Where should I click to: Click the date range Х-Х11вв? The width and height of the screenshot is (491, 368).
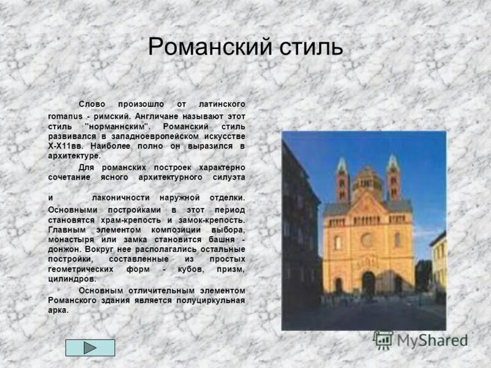(x=67, y=147)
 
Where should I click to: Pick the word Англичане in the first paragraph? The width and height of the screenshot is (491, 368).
(x=158, y=115)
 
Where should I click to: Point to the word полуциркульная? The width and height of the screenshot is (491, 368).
(x=215, y=300)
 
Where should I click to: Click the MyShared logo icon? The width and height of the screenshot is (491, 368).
(x=384, y=340)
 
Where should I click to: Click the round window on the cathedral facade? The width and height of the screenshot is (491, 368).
(x=367, y=240)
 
